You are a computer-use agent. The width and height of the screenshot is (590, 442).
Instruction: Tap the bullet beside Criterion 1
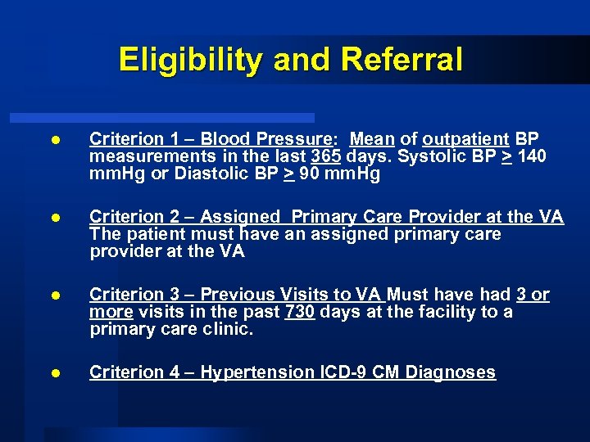[54, 140]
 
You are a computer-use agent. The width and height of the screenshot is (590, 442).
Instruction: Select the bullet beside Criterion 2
[54, 218]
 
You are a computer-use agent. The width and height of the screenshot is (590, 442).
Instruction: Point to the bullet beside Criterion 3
[54, 295]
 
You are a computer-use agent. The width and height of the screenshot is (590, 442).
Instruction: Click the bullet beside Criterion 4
[54, 373]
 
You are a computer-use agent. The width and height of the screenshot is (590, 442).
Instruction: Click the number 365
[327, 156]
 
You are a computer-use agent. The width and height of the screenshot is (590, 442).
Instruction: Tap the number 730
[300, 312]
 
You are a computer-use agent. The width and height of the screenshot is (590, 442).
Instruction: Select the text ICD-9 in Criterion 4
[345, 372]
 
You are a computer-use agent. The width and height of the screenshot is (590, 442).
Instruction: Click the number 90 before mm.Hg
[309, 174]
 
